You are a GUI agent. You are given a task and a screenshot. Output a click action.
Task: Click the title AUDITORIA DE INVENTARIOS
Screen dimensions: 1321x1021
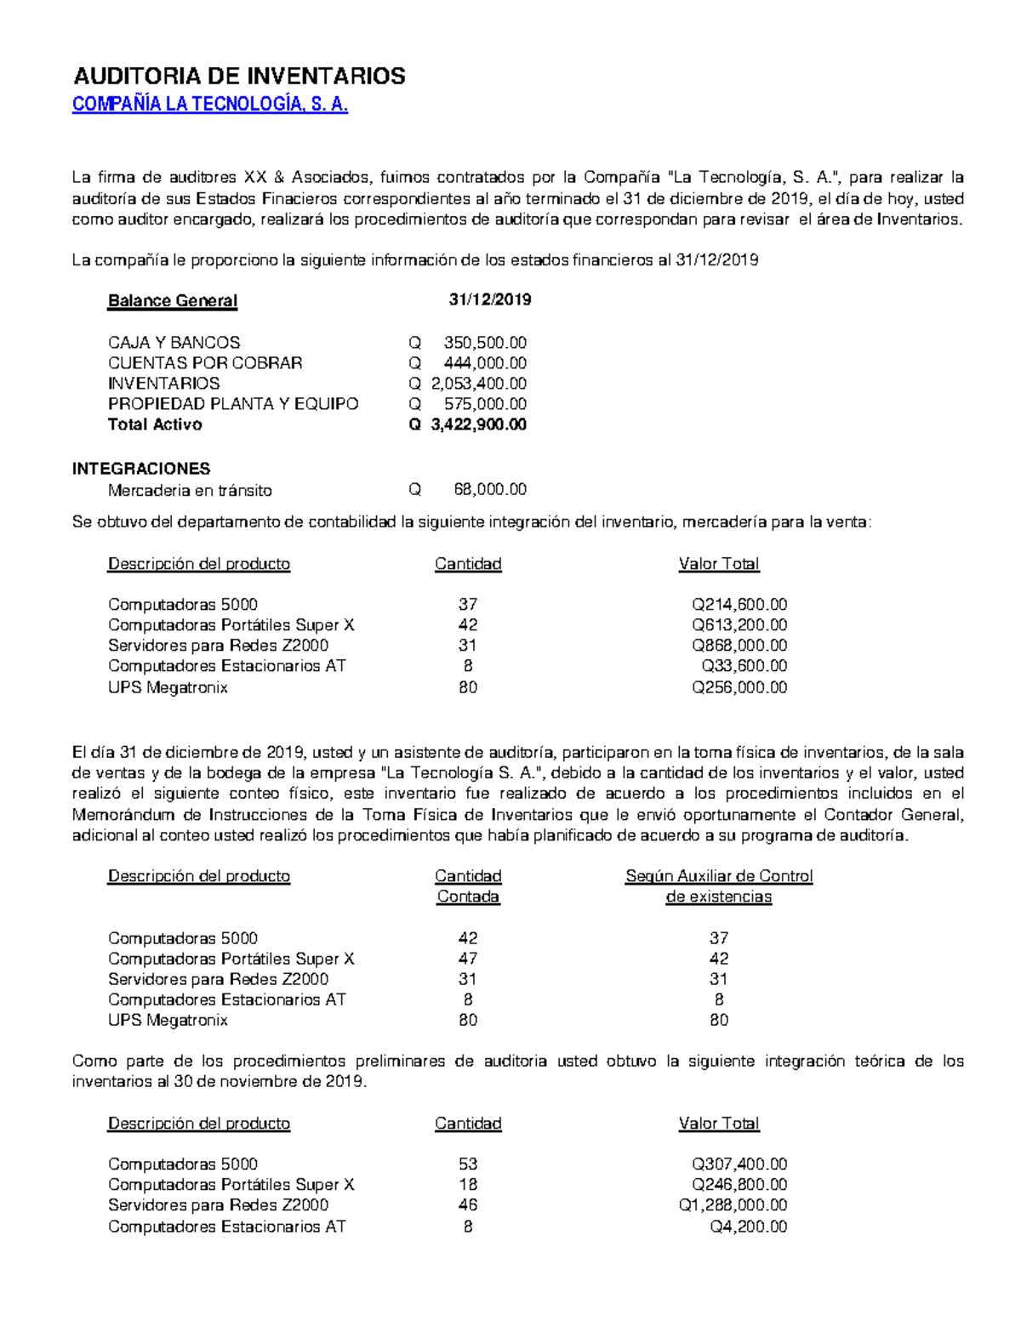click(239, 77)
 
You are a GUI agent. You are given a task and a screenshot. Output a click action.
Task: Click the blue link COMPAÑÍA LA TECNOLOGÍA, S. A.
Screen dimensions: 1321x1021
click(210, 105)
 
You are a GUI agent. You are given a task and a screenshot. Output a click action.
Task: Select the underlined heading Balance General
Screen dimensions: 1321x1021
click(172, 301)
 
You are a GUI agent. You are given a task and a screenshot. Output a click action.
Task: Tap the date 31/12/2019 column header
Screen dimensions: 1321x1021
click(489, 299)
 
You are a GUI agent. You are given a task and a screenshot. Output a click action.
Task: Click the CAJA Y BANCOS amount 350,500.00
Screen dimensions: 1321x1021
click(484, 343)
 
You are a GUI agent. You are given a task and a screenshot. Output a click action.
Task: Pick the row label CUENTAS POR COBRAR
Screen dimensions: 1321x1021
click(205, 363)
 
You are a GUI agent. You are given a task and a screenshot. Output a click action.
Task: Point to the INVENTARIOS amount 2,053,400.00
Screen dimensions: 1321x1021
click(478, 384)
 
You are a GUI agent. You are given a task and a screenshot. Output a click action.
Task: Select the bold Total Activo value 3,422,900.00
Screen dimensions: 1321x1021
click(478, 424)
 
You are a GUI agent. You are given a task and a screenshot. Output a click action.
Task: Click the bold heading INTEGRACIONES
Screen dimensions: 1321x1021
click(141, 469)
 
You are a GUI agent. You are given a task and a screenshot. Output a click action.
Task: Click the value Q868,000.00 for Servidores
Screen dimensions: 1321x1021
click(739, 646)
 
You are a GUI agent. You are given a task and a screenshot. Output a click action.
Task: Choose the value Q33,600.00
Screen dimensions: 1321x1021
click(744, 666)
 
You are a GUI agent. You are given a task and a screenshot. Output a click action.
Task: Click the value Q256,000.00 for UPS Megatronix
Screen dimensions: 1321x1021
click(739, 687)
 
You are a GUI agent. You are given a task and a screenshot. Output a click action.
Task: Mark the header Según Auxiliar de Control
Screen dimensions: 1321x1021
click(719, 876)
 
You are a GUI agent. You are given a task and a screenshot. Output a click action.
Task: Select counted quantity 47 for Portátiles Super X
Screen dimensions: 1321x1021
click(467, 959)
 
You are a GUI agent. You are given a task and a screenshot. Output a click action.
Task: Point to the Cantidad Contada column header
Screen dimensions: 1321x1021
click(468, 886)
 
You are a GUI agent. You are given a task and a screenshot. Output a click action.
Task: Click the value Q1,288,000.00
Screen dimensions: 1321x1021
click(732, 1205)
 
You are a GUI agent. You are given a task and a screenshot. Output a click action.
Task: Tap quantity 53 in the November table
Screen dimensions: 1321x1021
click(467, 1164)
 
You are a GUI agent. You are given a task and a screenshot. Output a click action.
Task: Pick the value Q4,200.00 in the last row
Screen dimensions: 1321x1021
click(748, 1227)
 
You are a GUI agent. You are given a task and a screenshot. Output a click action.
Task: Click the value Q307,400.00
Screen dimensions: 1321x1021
click(739, 1164)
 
